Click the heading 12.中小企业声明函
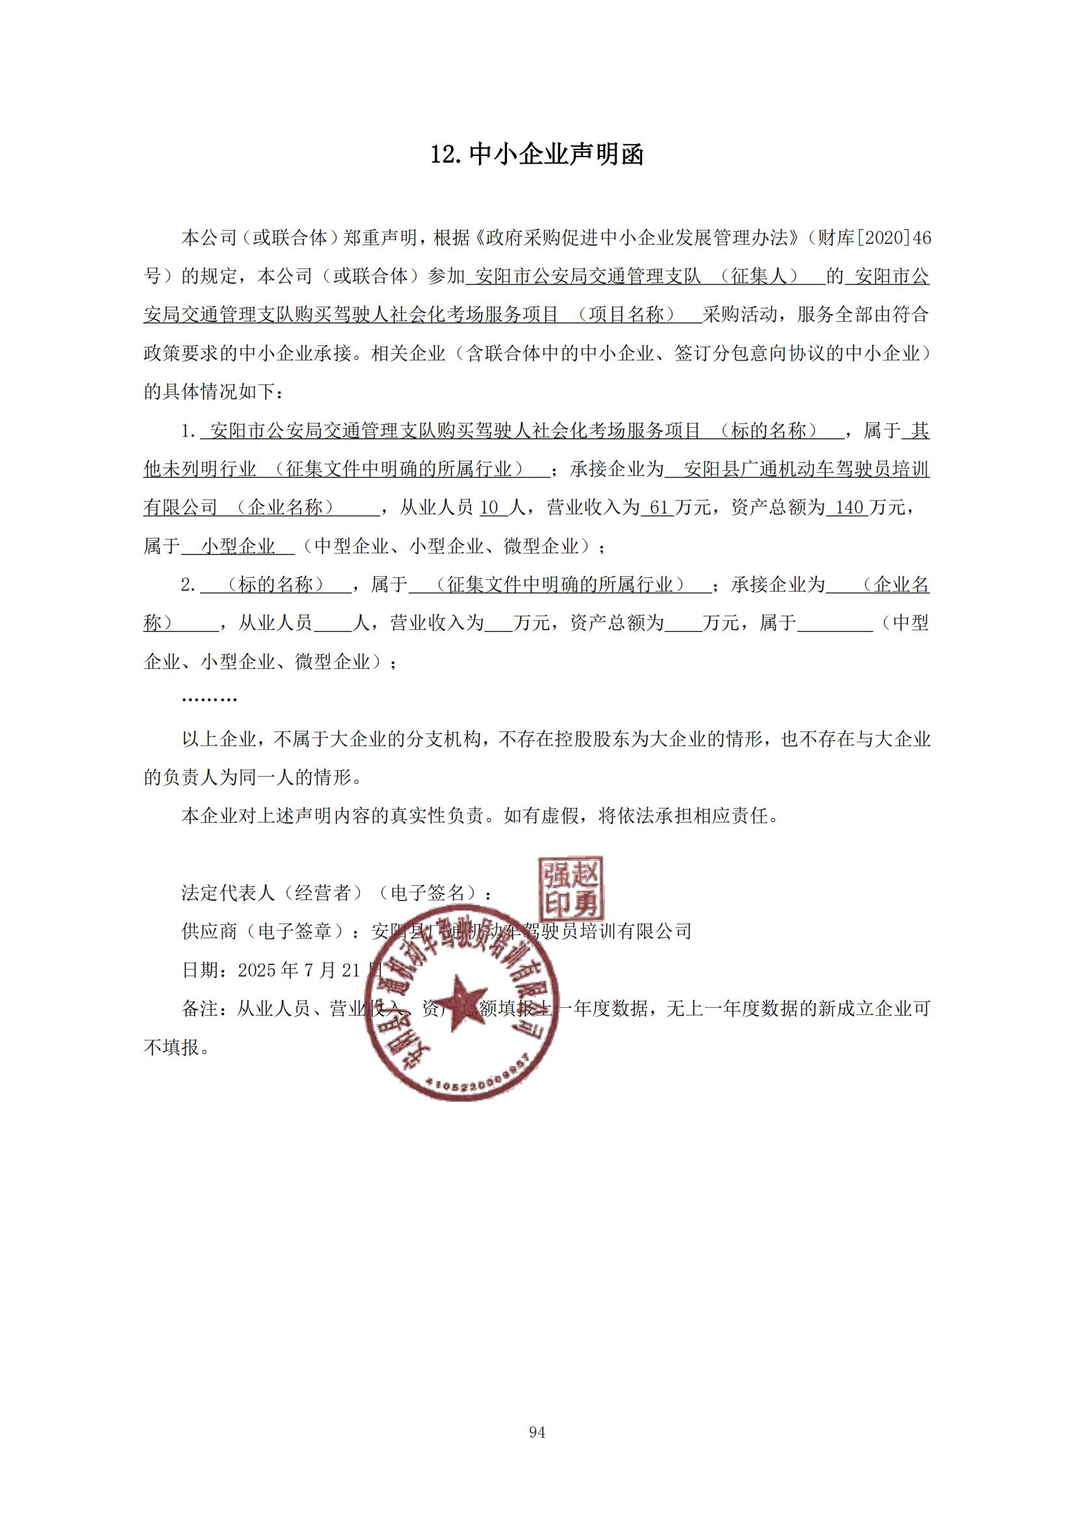[x=537, y=155]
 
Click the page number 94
[x=537, y=1433]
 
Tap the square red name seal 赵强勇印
[x=571, y=887]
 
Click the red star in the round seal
[x=461, y=1001]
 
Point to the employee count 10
[x=489, y=508]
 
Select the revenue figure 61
[x=659, y=508]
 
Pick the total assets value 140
[x=849, y=508]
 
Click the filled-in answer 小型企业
[x=239, y=546]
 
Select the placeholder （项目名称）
[x=625, y=315]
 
